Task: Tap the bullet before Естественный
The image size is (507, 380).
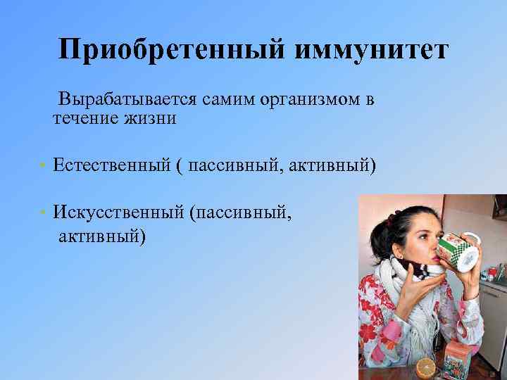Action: coord(43,165)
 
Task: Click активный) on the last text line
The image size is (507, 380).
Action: coord(101,234)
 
